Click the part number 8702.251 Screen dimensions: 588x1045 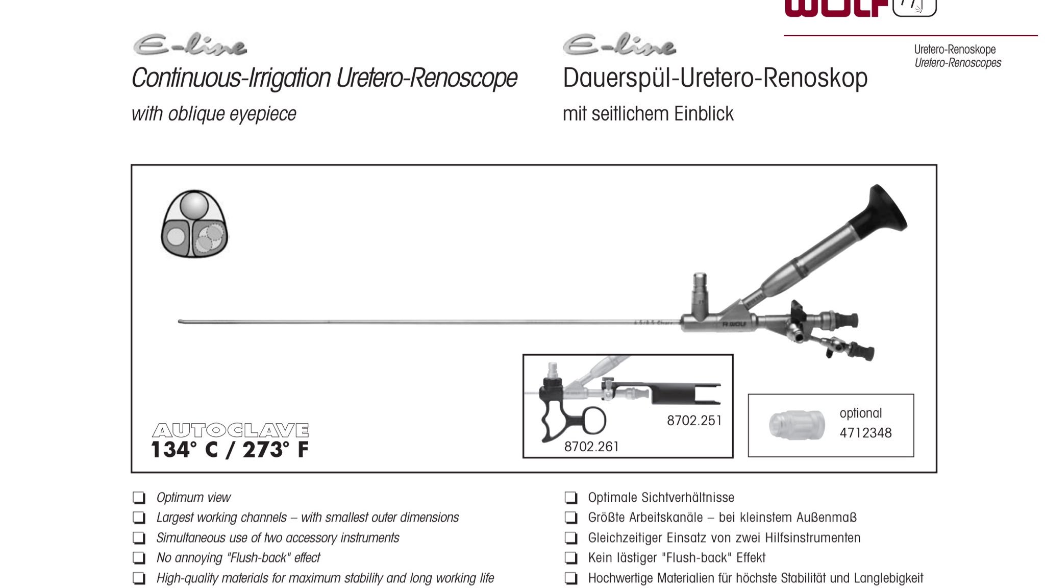tap(694, 421)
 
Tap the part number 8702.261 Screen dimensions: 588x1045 tap(591, 447)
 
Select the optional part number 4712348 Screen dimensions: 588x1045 tap(865, 433)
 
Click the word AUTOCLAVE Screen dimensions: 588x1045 tap(230, 430)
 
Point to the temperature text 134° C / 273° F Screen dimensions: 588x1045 tap(230, 450)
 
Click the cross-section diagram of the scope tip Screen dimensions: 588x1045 tap(194, 224)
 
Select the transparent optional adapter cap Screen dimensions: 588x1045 tap(797, 425)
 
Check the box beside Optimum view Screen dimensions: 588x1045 tap(139, 498)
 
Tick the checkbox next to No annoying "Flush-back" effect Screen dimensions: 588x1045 tap(139, 558)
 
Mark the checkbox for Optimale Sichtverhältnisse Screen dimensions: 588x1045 tap(571, 498)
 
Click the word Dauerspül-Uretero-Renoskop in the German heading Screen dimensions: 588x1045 tap(715, 79)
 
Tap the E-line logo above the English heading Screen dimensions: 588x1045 tap(190, 45)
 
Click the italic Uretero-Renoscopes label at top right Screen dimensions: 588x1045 tap(958, 63)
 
